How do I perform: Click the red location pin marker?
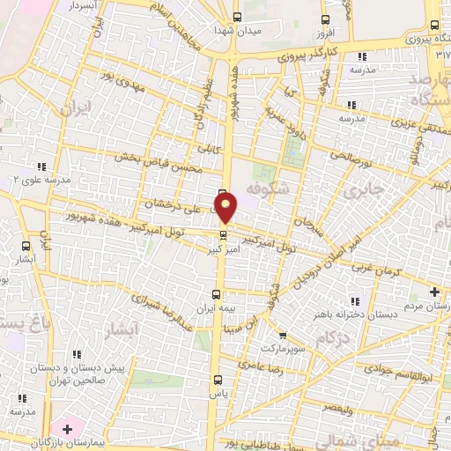pyautogui.click(x=226, y=208)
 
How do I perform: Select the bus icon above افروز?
pyautogui.click(x=325, y=18)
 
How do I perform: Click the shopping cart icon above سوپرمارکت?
pyautogui.click(x=282, y=335)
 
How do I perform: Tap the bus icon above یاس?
pyautogui.click(x=217, y=381)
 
